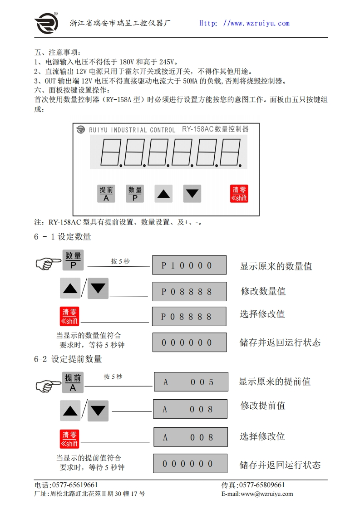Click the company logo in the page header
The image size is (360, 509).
tap(46, 23)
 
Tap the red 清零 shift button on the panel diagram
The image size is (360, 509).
tap(239, 194)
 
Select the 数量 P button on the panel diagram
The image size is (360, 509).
tap(135, 194)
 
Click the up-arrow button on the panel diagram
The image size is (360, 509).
tap(163, 194)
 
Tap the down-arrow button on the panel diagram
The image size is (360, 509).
tap(192, 194)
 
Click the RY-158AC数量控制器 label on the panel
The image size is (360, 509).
tap(215, 129)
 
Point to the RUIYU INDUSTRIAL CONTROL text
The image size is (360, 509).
tap(132, 130)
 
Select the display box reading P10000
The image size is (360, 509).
tap(189, 265)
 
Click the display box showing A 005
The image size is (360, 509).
tap(190, 382)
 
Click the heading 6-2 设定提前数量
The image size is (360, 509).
tap(68, 359)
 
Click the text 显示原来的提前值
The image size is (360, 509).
tap(275, 382)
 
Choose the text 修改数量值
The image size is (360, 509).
tap(263, 291)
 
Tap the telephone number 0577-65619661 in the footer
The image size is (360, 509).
tap(72, 485)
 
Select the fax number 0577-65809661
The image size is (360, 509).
tap(261, 485)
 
